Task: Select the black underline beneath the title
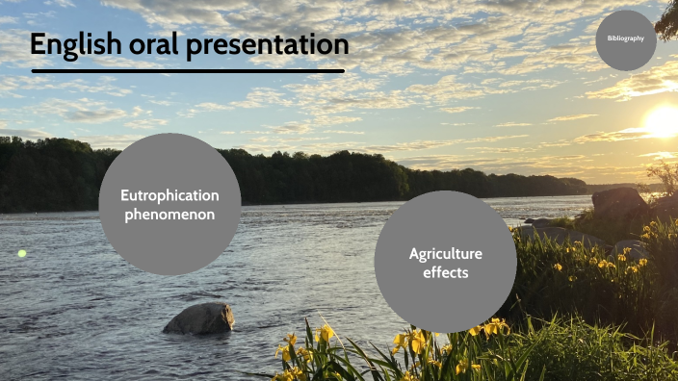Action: pyautogui.click(x=188, y=70)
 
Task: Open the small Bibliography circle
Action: pyautogui.click(x=626, y=39)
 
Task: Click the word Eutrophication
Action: pyautogui.click(x=169, y=195)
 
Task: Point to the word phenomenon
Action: pyautogui.click(x=169, y=214)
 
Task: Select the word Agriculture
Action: pyautogui.click(x=445, y=254)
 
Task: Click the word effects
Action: pyautogui.click(x=445, y=272)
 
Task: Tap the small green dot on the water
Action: pyautogui.click(x=22, y=253)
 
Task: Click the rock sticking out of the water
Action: pyautogui.click(x=199, y=318)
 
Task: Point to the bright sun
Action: pyautogui.click(x=664, y=120)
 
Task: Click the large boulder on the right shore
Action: pyautogui.click(x=618, y=202)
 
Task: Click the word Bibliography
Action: pyautogui.click(x=626, y=38)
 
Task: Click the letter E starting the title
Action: pyautogui.click(x=39, y=45)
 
